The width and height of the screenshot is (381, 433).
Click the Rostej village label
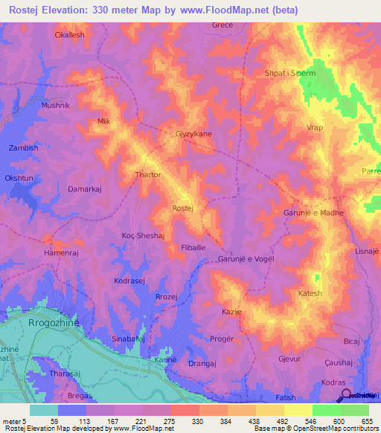(x=182, y=208)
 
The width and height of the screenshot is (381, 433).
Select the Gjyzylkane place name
(x=193, y=134)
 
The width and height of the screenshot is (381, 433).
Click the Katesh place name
(x=310, y=294)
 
